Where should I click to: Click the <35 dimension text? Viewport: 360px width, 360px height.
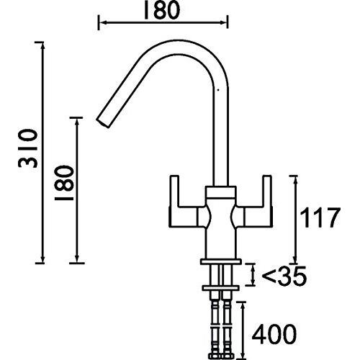pos(283,275)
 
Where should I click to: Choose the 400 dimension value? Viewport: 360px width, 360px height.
pos(278,333)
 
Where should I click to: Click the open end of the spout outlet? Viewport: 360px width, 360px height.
pos(100,118)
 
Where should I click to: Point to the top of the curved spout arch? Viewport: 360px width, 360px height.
pos(181,44)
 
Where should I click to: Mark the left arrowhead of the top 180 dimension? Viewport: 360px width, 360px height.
pos(99,24)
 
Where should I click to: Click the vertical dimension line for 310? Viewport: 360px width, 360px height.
pos(40,151)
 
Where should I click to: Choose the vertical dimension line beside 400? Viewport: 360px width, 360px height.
pos(243,328)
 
